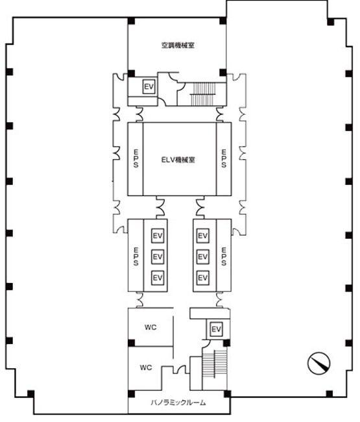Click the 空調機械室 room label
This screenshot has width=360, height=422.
pyautogui.click(x=178, y=45)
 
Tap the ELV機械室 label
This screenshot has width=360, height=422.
pyautogui.click(x=178, y=160)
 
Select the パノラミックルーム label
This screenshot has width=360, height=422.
pyautogui.click(x=178, y=403)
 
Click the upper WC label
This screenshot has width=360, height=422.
pyautogui.click(x=150, y=327)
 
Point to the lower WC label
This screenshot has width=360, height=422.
pyautogui.click(x=146, y=367)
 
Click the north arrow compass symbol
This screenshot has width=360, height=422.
pyautogui.click(x=319, y=363)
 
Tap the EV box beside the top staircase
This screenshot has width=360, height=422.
pyautogui.click(x=149, y=86)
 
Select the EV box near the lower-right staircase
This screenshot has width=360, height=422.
pyautogui.click(x=216, y=329)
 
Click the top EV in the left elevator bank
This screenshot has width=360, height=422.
pyautogui.click(x=158, y=236)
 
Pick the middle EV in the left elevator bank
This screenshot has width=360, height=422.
pyautogui.click(x=158, y=256)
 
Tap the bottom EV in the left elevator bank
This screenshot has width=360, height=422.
pyautogui.click(x=158, y=277)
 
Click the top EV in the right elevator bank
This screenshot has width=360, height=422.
pyautogui.click(x=202, y=236)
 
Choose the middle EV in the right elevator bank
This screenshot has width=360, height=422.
pyautogui.click(x=202, y=256)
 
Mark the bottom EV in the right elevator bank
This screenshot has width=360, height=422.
pyautogui.click(x=202, y=277)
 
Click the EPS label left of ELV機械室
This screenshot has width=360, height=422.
pyautogui.click(x=136, y=158)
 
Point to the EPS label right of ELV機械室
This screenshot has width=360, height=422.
pyautogui.click(x=224, y=158)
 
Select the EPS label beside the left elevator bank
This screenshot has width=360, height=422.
pyautogui.click(x=136, y=256)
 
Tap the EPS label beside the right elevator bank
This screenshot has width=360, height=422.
pyautogui.click(x=224, y=256)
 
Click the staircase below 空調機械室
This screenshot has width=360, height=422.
pyautogui.click(x=203, y=93)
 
